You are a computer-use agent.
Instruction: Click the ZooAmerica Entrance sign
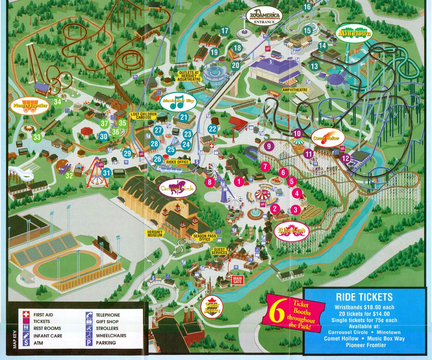point(264,16)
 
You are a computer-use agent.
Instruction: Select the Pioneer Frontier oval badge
point(29,107)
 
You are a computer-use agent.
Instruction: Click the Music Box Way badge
point(178,102)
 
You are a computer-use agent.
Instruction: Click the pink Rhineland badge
point(291,231)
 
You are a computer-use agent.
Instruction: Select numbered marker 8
point(210,182)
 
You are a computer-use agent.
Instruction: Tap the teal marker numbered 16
point(307,7)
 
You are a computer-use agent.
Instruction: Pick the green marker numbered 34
point(57,102)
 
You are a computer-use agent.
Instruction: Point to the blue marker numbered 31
point(106,173)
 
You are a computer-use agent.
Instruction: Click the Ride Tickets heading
point(364,297)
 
